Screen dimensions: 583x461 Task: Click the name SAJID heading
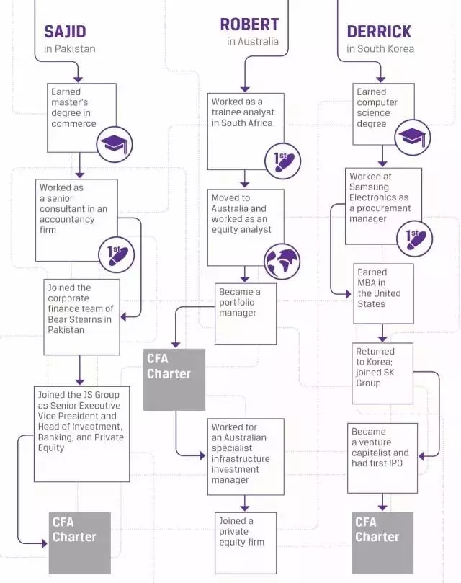point(65,31)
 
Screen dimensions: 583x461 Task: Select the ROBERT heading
point(249,25)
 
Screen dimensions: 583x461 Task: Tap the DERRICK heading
point(379,32)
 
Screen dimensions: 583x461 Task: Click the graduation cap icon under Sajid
point(115,144)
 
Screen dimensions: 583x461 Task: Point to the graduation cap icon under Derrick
point(413,136)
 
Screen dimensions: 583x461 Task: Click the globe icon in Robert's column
point(282,262)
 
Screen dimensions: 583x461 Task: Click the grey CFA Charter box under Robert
point(174,380)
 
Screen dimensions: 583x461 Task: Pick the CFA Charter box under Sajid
point(79,543)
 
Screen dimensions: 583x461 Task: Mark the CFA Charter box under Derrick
point(382,543)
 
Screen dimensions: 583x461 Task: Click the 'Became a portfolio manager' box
point(246,314)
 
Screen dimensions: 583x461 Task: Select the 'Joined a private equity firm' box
point(246,543)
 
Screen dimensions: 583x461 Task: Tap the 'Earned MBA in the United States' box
point(384,293)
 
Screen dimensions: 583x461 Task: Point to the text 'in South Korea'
point(381,49)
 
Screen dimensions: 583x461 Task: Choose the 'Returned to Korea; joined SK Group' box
point(382,373)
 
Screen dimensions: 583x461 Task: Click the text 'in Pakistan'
point(69,49)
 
